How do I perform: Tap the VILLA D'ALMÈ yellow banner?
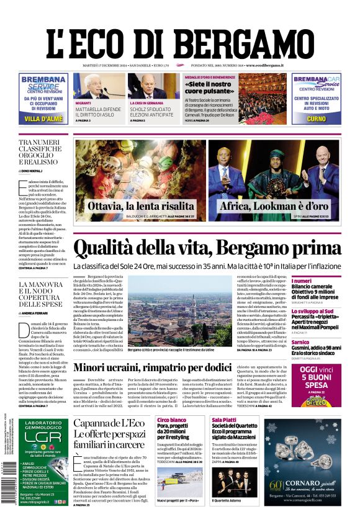43,118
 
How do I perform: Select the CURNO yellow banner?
316,118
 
